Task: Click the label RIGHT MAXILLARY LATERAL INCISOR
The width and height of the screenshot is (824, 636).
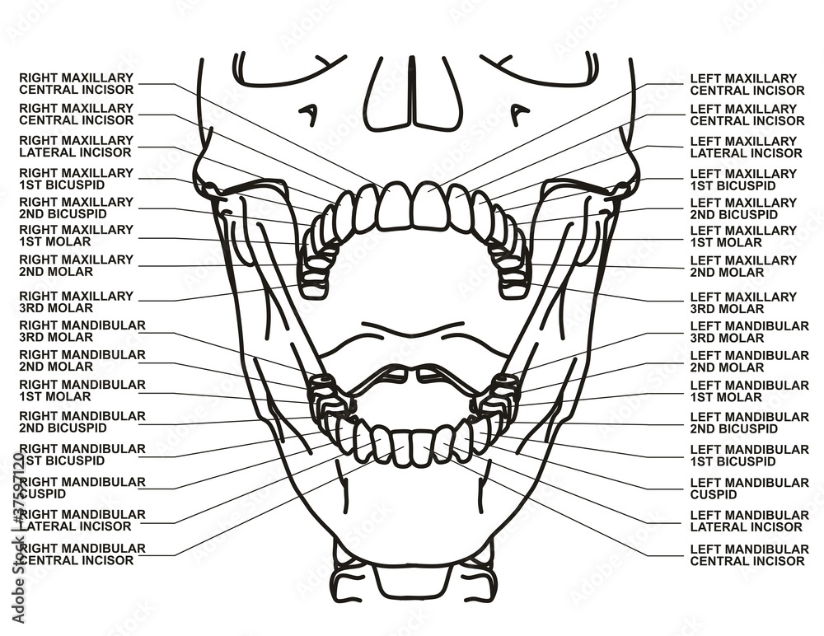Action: coord(75,147)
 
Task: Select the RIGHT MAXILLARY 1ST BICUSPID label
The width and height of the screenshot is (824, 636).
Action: coord(76,179)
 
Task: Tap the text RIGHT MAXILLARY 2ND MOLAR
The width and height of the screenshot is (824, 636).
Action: coord(76,265)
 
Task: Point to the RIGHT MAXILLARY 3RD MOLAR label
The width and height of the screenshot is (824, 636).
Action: coord(76,302)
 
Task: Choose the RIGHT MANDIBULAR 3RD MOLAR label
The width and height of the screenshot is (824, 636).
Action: coord(82,331)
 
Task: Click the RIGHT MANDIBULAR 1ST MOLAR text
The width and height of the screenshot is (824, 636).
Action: coord(82,390)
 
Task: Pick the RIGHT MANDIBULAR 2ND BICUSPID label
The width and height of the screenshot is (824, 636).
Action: coord(82,422)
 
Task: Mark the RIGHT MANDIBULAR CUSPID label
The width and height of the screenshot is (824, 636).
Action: coord(82,488)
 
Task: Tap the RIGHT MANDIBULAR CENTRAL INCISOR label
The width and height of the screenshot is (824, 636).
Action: coord(82,554)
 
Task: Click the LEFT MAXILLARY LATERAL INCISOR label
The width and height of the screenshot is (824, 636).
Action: coord(747,147)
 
